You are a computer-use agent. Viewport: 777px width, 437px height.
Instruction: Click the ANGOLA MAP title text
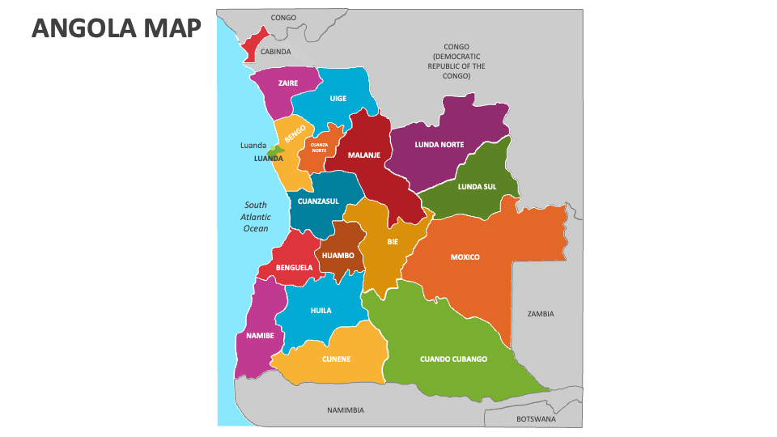click(x=116, y=28)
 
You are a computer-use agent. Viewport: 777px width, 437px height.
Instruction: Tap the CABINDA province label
click(x=275, y=51)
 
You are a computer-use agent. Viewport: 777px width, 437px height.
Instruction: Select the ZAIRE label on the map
click(x=287, y=83)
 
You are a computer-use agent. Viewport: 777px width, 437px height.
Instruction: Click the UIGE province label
click(x=338, y=99)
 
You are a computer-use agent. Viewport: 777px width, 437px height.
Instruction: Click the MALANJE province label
click(x=364, y=155)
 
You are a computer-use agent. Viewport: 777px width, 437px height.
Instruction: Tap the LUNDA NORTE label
click(x=439, y=145)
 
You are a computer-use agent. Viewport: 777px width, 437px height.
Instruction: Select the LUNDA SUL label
click(x=477, y=186)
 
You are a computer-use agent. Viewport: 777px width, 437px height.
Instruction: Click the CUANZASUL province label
click(x=318, y=202)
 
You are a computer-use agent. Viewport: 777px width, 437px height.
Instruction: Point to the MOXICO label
click(x=465, y=257)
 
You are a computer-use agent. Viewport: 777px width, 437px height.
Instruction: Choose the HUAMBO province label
click(x=338, y=256)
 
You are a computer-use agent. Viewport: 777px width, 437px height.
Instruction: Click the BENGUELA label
click(x=294, y=267)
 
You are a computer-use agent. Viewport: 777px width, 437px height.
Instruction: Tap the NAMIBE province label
click(x=260, y=335)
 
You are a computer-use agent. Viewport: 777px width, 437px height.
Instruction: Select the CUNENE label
click(x=336, y=359)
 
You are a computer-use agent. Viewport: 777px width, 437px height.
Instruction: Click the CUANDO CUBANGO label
click(x=453, y=359)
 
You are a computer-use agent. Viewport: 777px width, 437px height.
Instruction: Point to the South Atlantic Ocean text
click(x=256, y=217)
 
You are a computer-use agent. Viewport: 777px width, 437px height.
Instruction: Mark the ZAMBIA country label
click(x=540, y=313)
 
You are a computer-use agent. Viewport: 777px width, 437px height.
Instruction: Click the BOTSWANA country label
click(x=536, y=419)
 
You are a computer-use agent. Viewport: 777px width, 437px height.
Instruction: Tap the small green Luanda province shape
click(x=275, y=150)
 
